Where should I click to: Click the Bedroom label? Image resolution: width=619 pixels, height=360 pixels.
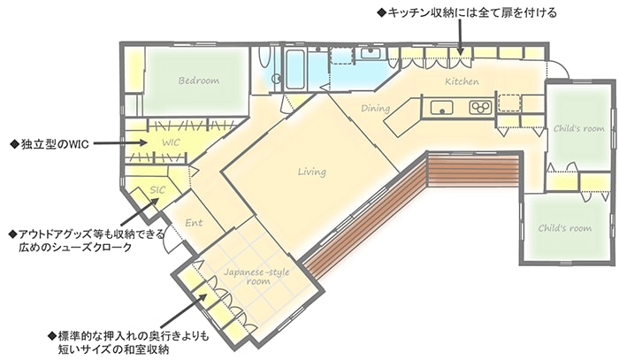pos(199,80)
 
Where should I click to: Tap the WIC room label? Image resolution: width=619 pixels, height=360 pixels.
pos(171,142)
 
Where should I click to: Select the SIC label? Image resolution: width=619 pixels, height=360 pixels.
pos(157,190)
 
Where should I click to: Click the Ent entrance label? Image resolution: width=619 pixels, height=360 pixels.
pos(194,223)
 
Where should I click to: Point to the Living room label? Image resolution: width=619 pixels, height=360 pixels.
pos(312,172)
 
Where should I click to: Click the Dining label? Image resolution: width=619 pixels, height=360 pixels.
pos(376,108)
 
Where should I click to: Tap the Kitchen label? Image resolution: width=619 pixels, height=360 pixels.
pos(462,81)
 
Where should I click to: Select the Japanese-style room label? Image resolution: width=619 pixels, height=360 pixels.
pos(256,276)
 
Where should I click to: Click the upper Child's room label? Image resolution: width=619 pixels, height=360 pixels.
pos(578,128)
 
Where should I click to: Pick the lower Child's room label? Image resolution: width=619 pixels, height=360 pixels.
pos(565,228)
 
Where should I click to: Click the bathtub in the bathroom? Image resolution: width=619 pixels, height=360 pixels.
pos(294,70)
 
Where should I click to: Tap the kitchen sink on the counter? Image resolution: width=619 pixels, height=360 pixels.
pos(441,107)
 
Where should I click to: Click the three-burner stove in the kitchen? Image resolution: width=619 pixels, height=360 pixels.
pos(480,107)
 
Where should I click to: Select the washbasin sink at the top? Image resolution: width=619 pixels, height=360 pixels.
pos(371,53)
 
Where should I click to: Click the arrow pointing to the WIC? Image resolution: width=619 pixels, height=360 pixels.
pos(120,143)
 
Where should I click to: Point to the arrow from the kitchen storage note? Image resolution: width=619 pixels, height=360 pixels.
pos(460,36)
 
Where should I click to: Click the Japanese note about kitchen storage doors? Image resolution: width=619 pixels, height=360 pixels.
pos(467,12)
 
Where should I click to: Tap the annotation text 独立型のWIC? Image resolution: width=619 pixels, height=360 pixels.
pos(50,144)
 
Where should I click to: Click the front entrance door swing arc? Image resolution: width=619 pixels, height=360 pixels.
pos(166,241)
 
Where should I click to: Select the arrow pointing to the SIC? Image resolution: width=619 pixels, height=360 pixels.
pos(140,211)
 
